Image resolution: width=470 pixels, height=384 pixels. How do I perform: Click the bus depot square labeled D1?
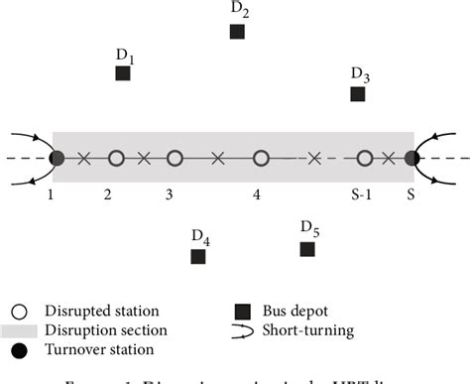click(x=123, y=73)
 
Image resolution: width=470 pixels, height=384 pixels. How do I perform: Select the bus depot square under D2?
click(x=237, y=32)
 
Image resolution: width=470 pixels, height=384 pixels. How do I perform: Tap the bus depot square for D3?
click(x=357, y=94)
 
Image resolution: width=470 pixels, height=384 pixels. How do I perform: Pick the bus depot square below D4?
click(x=198, y=257)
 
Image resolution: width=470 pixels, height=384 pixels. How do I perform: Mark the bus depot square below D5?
click(x=307, y=248)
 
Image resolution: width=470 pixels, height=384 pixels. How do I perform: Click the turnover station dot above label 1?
click(x=57, y=158)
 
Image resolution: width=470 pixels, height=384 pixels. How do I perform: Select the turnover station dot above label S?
click(x=412, y=158)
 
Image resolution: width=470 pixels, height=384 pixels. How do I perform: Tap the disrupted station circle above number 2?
click(x=116, y=158)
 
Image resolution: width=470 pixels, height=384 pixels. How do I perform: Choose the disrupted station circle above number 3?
click(x=175, y=158)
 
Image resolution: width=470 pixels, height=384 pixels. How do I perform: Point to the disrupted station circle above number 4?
click(x=261, y=158)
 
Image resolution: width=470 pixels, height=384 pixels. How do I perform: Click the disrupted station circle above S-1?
click(x=365, y=158)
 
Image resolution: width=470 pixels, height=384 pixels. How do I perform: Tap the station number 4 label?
click(x=257, y=196)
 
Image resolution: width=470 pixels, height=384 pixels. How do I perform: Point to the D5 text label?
click(x=309, y=229)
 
